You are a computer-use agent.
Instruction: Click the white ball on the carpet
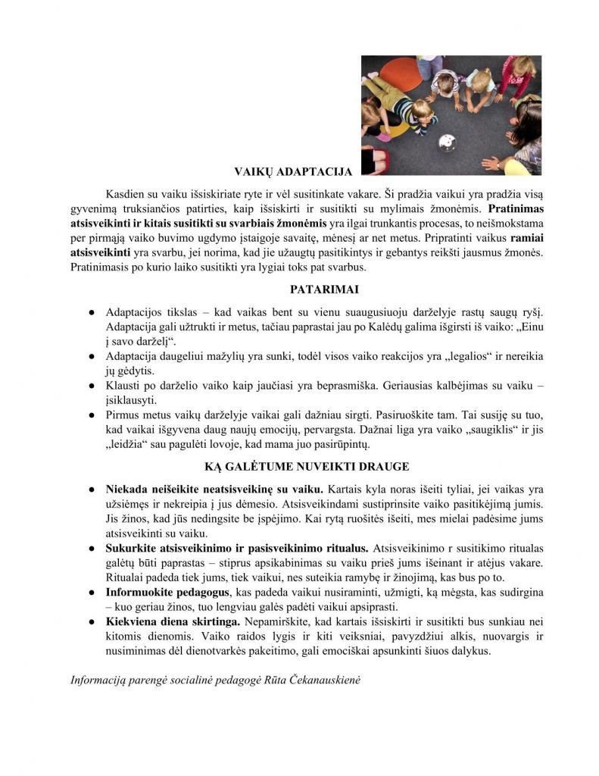point(448,142)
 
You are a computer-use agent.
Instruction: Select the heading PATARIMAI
point(314,289)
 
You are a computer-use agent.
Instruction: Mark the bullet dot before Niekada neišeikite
point(90,490)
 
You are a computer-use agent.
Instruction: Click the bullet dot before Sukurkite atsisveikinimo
point(90,548)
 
